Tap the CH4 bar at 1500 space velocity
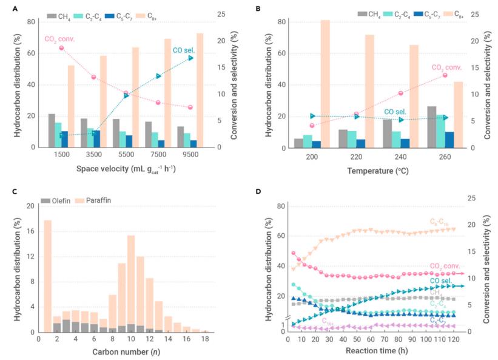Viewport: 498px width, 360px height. pyautogui.click(x=52, y=131)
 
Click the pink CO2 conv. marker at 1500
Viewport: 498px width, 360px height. pyautogui.click(x=62, y=48)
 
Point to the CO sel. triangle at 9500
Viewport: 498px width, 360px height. pyautogui.click(x=191, y=58)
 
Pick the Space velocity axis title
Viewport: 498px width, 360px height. pyautogui.click(x=127, y=170)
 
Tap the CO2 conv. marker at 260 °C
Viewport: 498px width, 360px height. pyautogui.click(x=445, y=75)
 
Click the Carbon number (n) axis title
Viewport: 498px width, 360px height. pyautogui.click(x=127, y=352)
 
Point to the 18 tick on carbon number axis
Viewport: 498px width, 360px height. pyautogui.click(x=205, y=341)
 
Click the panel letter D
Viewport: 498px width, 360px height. pyautogui.click(x=259, y=192)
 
